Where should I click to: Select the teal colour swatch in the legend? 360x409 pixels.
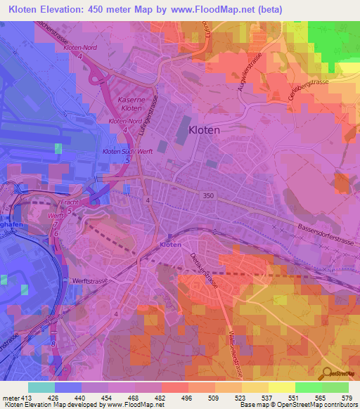click(x=41, y=387)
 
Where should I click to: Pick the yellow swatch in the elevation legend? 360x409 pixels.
click(x=281, y=387)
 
